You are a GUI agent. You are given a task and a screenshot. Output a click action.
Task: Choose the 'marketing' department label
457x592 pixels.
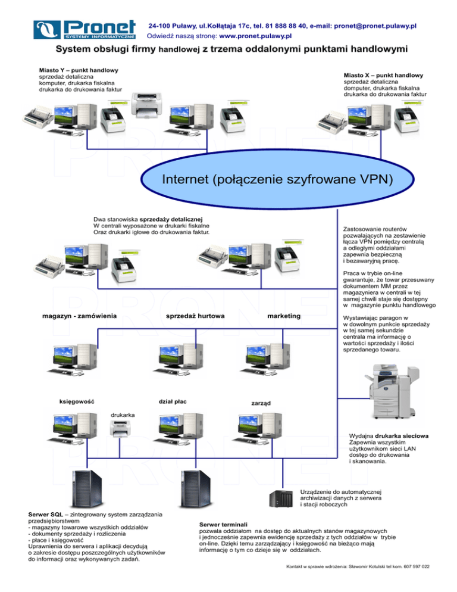point(284,314)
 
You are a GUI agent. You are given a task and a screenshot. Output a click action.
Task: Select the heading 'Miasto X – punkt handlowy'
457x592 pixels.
point(383,76)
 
